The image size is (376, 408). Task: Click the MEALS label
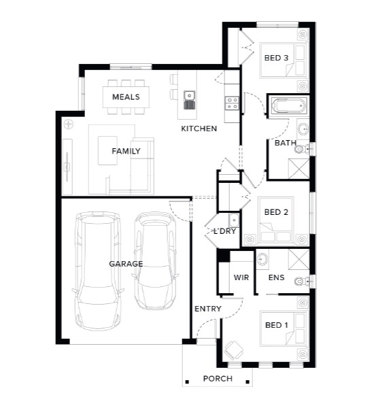click(126, 97)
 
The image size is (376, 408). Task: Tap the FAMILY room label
click(126, 151)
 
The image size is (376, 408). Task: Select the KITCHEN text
click(199, 129)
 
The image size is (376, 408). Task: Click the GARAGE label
click(126, 264)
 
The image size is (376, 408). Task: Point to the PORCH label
click(218, 379)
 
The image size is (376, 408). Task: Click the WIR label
click(241, 277)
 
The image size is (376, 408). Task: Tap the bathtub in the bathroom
click(288, 105)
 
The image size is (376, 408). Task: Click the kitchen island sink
click(190, 100)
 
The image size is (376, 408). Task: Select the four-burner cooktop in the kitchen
click(232, 103)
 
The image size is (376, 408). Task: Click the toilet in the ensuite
click(302, 282)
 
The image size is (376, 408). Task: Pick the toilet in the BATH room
click(302, 150)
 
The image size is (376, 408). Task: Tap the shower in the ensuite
click(298, 259)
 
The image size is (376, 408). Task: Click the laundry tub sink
click(234, 220)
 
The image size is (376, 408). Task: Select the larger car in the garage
click(98, 271)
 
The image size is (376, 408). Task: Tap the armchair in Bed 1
click(234, 350)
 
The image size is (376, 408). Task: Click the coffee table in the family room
click(107, 150)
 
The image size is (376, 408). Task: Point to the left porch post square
click(187, 382)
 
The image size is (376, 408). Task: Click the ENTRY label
click(208, 309)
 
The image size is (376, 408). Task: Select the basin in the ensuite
click(262, 259)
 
